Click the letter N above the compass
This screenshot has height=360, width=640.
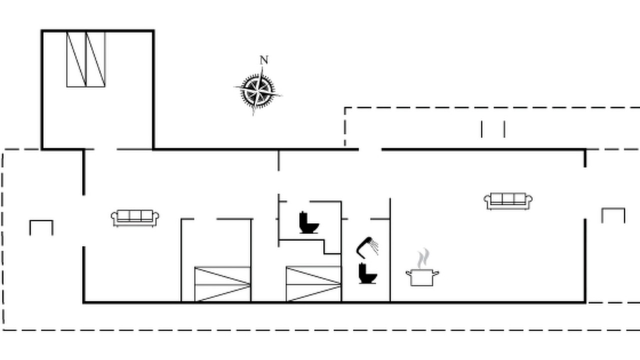[x=264, y=60]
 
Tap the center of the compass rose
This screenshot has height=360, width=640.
[x=258, y=91]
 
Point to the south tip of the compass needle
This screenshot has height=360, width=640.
[x=253, y=115]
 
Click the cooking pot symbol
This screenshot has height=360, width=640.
[x=422, y=277]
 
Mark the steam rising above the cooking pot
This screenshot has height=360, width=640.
[x=423, y=258]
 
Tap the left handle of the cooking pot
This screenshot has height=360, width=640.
[x=408, y=273]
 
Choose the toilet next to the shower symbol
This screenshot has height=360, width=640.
[x=367, y=273]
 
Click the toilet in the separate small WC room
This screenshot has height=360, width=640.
[x=308, y=223]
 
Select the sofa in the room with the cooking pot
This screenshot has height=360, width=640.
[x=508, y=201]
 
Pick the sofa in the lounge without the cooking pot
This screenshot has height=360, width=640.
[x=135, y=218]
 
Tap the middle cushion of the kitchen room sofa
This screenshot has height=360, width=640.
[x=508, y=198]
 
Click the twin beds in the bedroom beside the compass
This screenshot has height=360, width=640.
[x=86, y=59]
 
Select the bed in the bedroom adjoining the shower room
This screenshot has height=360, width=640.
[x=313, y=283]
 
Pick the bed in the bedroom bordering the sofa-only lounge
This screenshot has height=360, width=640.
[x=222, y=284]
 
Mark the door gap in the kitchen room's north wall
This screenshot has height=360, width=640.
[x=370, y=149]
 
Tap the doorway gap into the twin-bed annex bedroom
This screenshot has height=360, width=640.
[x=105, y=149]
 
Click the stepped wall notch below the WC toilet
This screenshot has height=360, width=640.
[x=324, y=247]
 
